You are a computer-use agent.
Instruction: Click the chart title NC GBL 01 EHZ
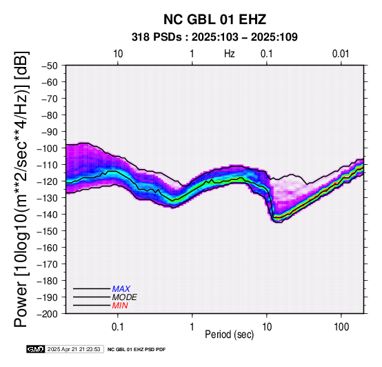pyautogui.click(x=214, y=19)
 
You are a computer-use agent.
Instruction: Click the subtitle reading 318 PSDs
pyautogui.click(x=157, y=37)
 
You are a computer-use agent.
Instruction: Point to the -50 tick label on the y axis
pyautogui.click(x=49, y=66)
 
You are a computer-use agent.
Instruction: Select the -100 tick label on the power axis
pyautogui.click(x=47, y=148)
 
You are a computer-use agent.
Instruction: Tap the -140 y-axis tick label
pyautogui.click(x=47, y=215)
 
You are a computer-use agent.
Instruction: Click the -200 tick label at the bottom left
pyautogui.click(x=47, y=314)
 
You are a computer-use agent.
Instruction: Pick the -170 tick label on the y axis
pyautogui.click(x=47, y=264)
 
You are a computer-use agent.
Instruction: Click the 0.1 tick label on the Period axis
pyautogui.click(x=118, y=327)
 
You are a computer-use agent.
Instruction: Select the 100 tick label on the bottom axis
pyautogui.click(x=341, y=327)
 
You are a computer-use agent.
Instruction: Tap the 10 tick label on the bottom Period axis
pyautogui.click(x=267, y=327)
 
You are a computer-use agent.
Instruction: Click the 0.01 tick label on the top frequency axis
pyautogui.click(x=341, y=54)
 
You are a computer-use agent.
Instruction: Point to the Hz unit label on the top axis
pyautogui.click(x=230, y=54)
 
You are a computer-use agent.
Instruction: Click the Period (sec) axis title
pyautogui.click(x=229, y=335)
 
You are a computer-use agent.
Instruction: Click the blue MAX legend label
pyautogui.click(x=121, y=289)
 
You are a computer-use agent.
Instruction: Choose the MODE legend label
pyautogui.click(x=125, y=297)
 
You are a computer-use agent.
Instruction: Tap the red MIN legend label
pyautogui.click(x=120, y=306)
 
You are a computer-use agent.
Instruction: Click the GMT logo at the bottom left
pyautogui.click(x=36, y=349)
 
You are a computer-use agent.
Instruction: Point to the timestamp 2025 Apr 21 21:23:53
pyautogui.click(x=74, y=349)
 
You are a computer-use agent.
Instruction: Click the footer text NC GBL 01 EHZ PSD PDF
pyautogui.click(x=137, y=350)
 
